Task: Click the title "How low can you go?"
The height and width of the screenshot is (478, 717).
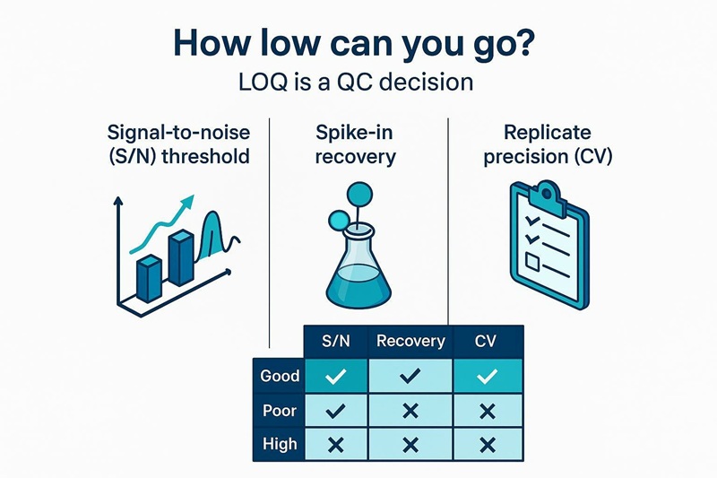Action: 358,45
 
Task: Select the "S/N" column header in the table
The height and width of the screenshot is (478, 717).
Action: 336,341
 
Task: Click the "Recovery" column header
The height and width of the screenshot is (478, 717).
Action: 410,341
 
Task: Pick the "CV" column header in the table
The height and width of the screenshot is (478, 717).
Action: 488,341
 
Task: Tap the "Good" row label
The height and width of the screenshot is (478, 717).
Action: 279,377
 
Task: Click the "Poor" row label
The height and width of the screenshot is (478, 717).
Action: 279,411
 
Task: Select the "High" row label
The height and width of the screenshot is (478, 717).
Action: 279,444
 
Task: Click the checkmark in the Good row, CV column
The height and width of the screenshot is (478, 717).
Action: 488,377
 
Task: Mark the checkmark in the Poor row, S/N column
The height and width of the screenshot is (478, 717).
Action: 336,411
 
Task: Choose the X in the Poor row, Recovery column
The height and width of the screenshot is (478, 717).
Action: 410,411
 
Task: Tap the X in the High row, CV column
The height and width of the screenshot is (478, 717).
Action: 488,444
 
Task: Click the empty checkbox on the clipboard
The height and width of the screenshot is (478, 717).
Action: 532,262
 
